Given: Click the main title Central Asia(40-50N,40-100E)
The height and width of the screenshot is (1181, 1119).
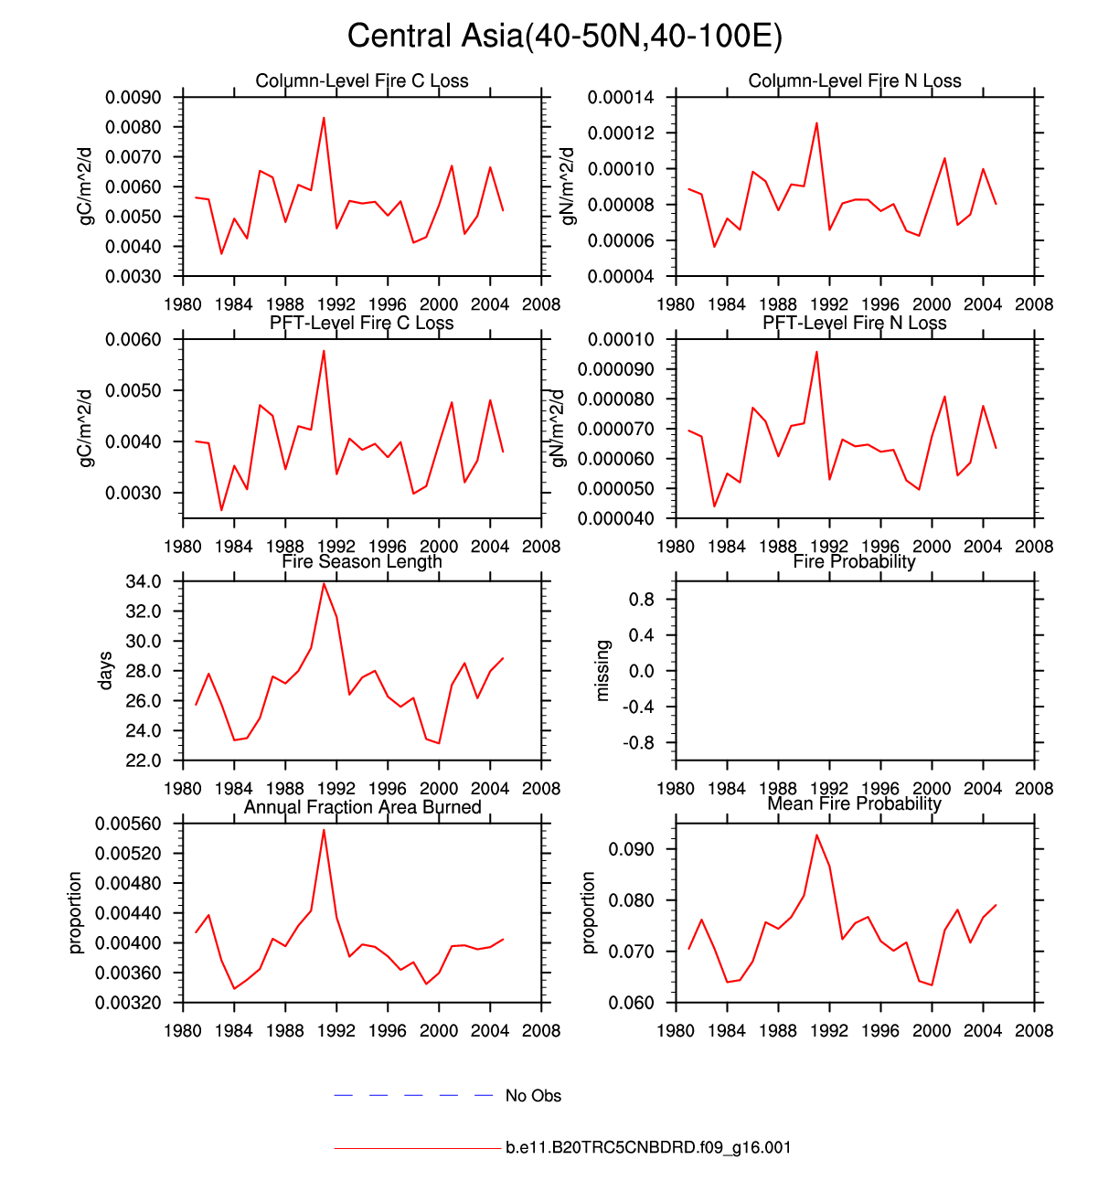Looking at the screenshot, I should pyautogui.click(x=565, y=37).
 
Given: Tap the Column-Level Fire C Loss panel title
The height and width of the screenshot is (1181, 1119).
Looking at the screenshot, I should pyautogui.click(x=362, y=81).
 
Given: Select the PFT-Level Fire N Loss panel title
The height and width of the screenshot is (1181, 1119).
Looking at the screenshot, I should pyautogui.click(x=855, y=324).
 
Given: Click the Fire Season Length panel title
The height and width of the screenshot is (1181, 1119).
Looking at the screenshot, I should pyautogui.click(x=362, y=562).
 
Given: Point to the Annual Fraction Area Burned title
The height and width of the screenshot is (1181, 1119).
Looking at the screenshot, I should pyautogui.click(x=362, y=807).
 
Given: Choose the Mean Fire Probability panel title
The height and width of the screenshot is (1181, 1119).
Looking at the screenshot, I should pyautogui.click(x=855, y=804).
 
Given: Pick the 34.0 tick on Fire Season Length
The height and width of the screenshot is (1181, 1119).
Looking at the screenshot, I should pyautogui.click(x=144, y=582).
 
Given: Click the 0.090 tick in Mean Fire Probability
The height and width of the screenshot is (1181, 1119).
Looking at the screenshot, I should pyautogui.click(x=633, y=850).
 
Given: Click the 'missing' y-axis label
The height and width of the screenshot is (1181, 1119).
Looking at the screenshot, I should pyautogui.click(x=602, y=671).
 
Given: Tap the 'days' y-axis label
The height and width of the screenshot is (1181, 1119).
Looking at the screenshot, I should pyautogui.click(x=106, y=671).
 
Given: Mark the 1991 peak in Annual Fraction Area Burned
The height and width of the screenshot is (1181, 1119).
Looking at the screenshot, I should pyautogui.click(x=324, y=830).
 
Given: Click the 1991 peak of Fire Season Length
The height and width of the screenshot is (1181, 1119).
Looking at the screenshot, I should pyautogui.click(x=324, y=583).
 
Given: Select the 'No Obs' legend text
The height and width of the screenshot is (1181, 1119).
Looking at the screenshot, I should pyautogui.click(x=533, y=1096).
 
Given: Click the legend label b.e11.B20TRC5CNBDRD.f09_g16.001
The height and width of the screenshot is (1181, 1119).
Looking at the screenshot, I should pyautogui.click(x=648, y=1148).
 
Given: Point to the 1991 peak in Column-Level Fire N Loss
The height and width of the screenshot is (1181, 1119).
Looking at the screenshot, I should pyautogui.click(x=816, y=122).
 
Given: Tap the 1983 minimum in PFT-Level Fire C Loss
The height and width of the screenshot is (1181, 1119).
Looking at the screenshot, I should pyautogui.click(x=221, y=510).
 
